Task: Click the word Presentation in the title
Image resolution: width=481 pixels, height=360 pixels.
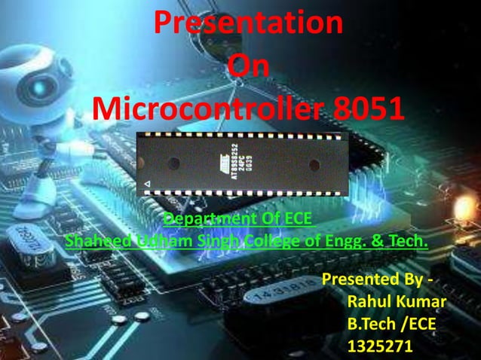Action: click(249, 24)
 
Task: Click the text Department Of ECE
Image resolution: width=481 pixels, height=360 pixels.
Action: click(237, 219)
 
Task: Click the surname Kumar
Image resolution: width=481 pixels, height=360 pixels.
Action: click(423, 303)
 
